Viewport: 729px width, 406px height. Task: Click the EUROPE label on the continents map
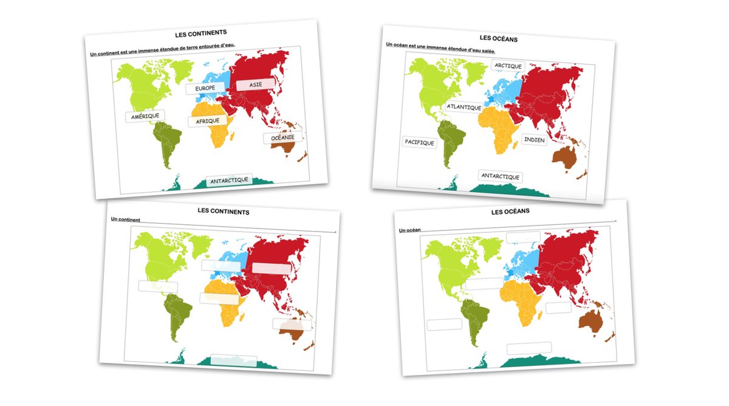205,89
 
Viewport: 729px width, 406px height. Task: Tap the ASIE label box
256,84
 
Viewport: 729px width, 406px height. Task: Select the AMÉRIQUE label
145,115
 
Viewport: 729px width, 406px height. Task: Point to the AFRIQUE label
207,121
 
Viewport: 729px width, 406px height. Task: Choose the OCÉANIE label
282,137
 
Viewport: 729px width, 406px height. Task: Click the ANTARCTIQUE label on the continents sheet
228,181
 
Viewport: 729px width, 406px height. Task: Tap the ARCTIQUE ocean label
508,66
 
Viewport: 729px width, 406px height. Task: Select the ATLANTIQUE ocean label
464,107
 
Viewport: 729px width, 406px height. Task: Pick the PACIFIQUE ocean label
420,143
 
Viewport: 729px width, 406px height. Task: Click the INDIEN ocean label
534,140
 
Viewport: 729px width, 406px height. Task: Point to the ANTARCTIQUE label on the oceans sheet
501,176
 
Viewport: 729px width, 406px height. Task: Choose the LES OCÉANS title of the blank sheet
510,211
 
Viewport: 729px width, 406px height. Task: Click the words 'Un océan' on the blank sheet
410,230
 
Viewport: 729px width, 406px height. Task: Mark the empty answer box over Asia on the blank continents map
271,268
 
